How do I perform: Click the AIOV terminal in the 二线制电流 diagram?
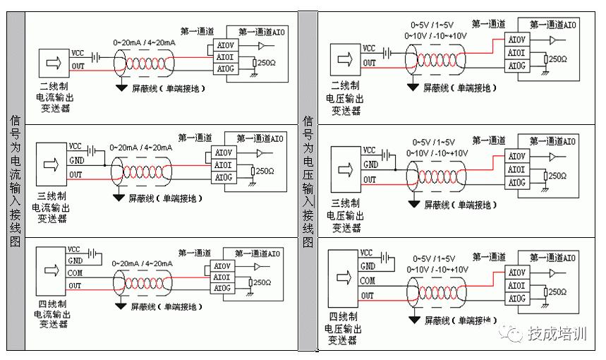(225, 47)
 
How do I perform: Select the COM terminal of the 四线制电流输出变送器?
(75, 272)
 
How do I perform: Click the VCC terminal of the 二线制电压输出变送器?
(369, 49)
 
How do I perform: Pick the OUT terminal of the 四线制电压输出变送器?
(368, 295)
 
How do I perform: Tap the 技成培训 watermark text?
(557, 334)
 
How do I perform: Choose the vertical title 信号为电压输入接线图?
(308, 181)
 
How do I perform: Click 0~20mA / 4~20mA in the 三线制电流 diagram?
(141, 148)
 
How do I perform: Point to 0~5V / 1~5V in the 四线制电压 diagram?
(434, 259)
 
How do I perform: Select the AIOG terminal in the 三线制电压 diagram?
(517, 183)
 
